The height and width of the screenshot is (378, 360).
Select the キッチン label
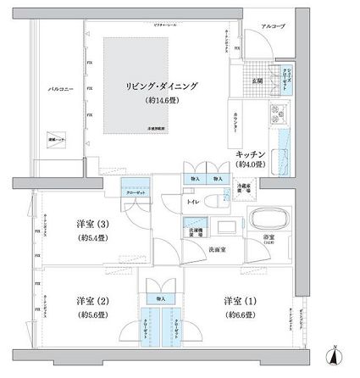coord(252,153)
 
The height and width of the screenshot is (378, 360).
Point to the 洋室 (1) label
coord(241,301)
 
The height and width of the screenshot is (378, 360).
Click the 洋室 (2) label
coord(91,301)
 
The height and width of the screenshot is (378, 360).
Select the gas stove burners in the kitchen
coord(279,115)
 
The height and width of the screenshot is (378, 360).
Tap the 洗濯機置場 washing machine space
coord(197,227)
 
